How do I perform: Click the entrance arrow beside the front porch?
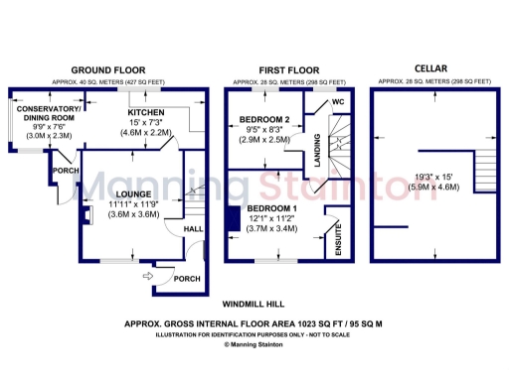[x=149, y=277]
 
